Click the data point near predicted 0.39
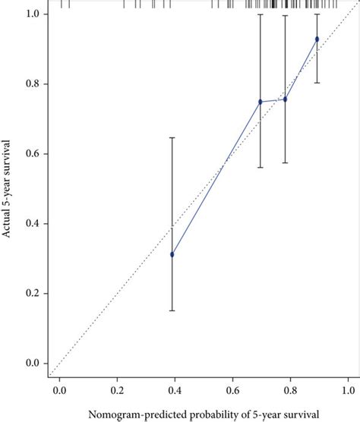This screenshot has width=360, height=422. pyautogui.click(x=172, y=254)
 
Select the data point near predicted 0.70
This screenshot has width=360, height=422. pyautogui.click(x=261, y=102)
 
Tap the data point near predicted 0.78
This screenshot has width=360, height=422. pyautogui.click(x=285, y=99)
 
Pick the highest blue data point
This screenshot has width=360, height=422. pyautogui.click(x=317, y=39)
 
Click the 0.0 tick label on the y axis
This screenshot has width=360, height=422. pyautogui.click(x=32, y=364)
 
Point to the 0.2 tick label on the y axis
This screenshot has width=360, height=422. pyautogui.click(x=32, y=294)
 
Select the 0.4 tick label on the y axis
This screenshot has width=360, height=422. pyautogui.click(x=32, y=224)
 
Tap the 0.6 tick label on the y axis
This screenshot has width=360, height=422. pyautogui.click(x=32, y=154)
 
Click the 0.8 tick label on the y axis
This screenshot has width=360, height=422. pyautogui.click(x=32, y=84)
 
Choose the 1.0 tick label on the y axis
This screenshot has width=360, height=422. pyautogui.click(x=32, y=14)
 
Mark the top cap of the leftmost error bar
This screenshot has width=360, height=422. pyautogui.click(x=172, y=137)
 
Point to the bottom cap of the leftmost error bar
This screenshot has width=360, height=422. pyautogui.click(x=172, y=310)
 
